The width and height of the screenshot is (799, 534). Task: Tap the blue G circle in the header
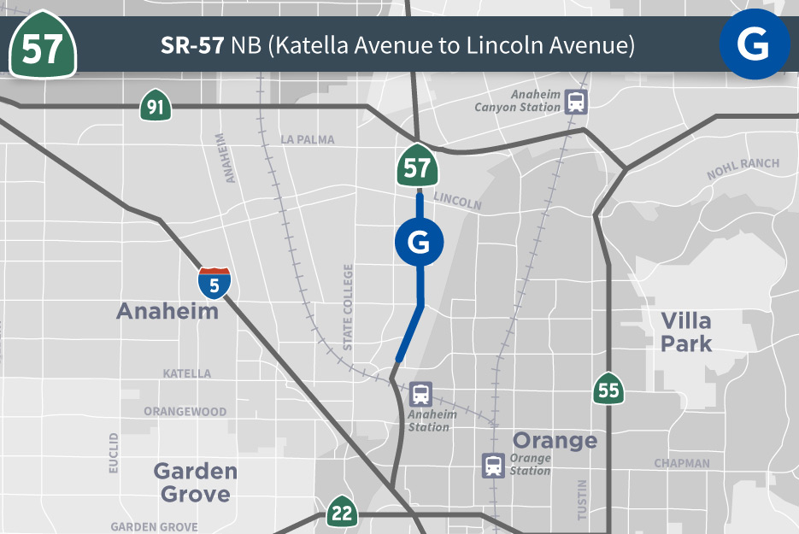coord(754,44)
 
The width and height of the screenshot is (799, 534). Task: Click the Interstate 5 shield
coord(214,283)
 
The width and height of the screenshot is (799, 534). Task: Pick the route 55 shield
coord(608,389)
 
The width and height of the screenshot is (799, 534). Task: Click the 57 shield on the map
coord(417,167)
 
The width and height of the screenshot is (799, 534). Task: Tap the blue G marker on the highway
coord(419,243)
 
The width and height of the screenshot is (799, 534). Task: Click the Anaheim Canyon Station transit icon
coord(577,103)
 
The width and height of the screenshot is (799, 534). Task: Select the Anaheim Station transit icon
coord(420,395)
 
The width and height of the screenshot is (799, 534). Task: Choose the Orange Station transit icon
coord(493,466)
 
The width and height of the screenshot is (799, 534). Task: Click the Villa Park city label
coord(686,332)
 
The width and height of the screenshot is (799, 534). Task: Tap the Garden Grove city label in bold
coord(195,482)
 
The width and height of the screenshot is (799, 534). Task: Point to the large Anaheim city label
coord(167,311)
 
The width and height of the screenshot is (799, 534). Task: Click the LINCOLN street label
coord(457,202)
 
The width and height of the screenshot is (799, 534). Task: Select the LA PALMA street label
coord(307,139)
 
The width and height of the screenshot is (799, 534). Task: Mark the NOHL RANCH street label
coord(743,169)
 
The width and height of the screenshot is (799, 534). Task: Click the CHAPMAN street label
coord(682,463)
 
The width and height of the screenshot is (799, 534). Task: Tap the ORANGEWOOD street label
coord(185,411)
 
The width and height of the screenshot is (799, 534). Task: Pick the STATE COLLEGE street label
coord(348,308)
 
